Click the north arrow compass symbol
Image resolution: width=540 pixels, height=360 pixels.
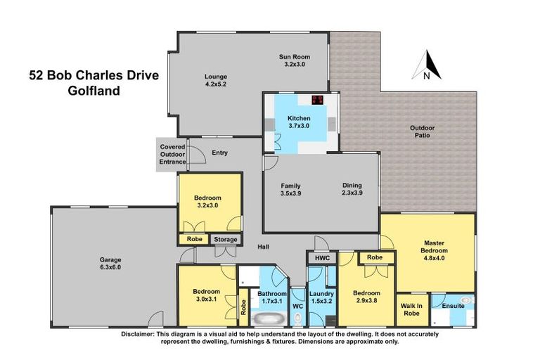[430, 65]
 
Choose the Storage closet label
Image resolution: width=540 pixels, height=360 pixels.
[226, 240]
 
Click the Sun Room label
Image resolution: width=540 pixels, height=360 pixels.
[294, 57]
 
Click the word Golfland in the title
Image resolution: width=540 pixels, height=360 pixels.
[94, 90]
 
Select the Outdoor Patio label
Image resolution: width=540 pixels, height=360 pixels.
[423, 131]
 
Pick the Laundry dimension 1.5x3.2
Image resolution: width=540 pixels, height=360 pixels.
[321, 302]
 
